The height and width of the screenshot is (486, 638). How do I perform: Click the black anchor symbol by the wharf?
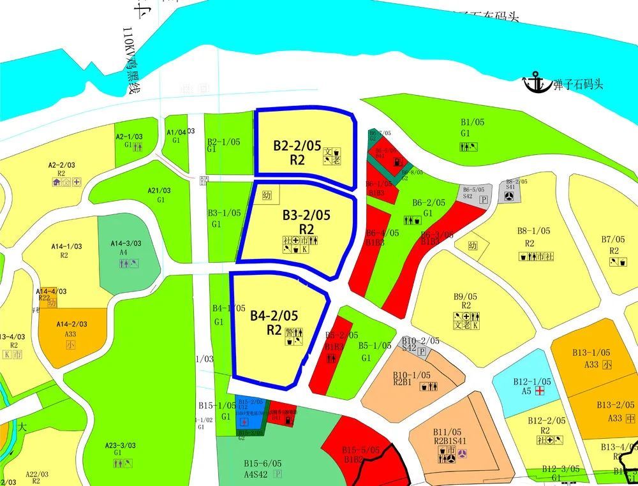[536, 82]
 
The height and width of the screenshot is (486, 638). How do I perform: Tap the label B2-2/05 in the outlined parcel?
[297, 145]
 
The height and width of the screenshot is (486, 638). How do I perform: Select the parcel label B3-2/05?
[306, 216]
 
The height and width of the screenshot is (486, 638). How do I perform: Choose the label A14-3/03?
[126, 243]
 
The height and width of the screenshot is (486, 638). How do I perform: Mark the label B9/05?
[465, 297]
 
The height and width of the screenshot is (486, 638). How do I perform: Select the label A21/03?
[159, 191]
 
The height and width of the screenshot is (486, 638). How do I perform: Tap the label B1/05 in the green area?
[473, 122]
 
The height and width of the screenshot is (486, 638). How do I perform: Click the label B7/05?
[614, 239]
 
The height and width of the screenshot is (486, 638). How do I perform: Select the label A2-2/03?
[62, 165]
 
